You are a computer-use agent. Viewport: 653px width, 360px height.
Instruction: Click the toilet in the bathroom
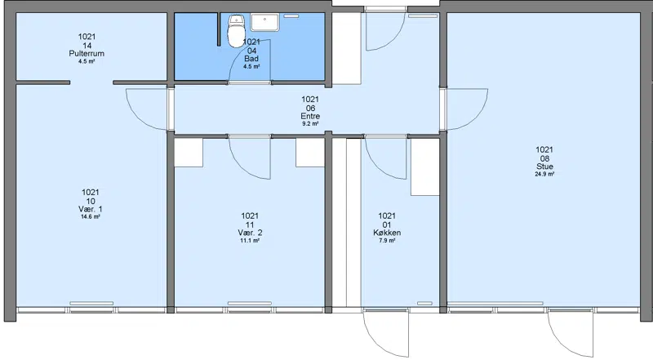pos(236,30)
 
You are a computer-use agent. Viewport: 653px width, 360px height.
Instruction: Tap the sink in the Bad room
pos(264,22)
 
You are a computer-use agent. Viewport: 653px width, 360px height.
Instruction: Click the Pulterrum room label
pos(87,54)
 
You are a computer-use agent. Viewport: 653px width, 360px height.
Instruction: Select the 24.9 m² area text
pos(544,174)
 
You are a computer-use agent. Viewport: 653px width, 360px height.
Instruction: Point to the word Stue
pos(544,167)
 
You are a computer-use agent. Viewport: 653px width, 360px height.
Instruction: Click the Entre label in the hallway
pos(310,116)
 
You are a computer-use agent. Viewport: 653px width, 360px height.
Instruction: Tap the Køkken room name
pos(387,233)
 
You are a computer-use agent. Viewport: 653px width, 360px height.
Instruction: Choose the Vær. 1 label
pos(91,209)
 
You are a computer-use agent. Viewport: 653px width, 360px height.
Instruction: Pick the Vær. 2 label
pos(250,233)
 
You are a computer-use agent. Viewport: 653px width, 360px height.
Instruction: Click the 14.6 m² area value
pos(91,216)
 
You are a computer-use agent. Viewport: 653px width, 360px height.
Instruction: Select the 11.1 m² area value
pos(250,241)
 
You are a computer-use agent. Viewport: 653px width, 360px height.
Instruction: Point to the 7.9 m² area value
pos(387,241)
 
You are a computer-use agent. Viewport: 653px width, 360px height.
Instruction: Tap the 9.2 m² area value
pos(310,124)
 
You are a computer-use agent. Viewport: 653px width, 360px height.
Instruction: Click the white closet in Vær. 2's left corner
pos(189,153)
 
